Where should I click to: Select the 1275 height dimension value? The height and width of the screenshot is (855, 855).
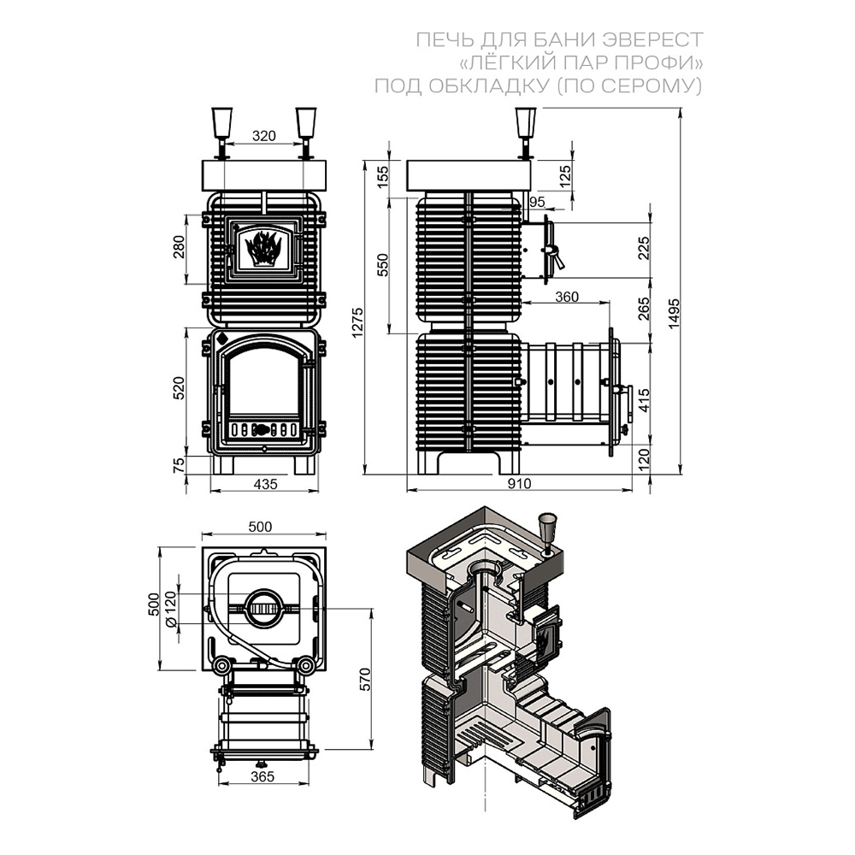click(x=357, y=322)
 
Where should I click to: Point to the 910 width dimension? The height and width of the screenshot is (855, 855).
click(x=519, y=484)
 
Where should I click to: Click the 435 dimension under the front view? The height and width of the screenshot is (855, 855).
click(x=266, y=484)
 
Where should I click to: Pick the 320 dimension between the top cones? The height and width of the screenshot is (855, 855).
click(x=264, y=136)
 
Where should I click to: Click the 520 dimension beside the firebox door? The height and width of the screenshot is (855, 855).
click(x=179, y=388)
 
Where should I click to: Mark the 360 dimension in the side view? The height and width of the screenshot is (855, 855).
click(x=567, y=297)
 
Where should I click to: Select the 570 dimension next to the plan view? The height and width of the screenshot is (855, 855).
click(x=365, y=679)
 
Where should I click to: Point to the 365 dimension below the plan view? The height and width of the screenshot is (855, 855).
click(x=262, y=776)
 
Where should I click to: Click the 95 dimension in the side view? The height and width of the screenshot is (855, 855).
click(x=537, y=202)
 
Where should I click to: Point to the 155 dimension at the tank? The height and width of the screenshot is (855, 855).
click(x=383, y=176)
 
